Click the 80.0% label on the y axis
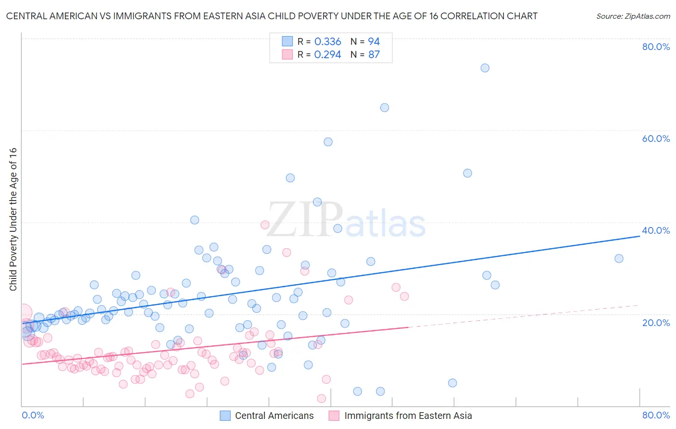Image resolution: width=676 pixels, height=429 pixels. point(656,47)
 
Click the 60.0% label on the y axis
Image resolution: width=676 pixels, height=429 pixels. point(656,139)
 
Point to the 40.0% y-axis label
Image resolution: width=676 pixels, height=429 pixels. point(656,230)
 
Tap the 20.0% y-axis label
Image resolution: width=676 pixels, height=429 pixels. point(656,323)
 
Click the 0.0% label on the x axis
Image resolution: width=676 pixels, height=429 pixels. point(33,415)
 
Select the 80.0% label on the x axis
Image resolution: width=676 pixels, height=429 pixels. point(656,415)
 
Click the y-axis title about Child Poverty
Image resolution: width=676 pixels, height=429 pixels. point(13,219)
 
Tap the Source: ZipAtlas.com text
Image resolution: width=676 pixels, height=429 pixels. point(633,16)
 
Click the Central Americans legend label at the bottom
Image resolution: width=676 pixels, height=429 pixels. point(274,416)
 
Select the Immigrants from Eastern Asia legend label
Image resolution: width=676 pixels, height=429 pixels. point(408,416)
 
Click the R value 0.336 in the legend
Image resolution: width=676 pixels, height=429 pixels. point(327,42)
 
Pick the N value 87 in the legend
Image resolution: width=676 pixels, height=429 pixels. point(374,54)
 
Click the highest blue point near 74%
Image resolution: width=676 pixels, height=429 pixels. point(485,68)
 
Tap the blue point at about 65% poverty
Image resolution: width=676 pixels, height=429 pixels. point(385,108)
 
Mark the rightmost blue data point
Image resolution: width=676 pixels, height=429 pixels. point(619,258)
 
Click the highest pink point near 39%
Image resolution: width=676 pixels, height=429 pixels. point(265,225)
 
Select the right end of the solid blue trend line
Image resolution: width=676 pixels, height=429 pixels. point(639,236)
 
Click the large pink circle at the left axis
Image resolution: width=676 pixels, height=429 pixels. point(23,313)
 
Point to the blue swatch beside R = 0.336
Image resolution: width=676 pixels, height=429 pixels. point(287,41)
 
